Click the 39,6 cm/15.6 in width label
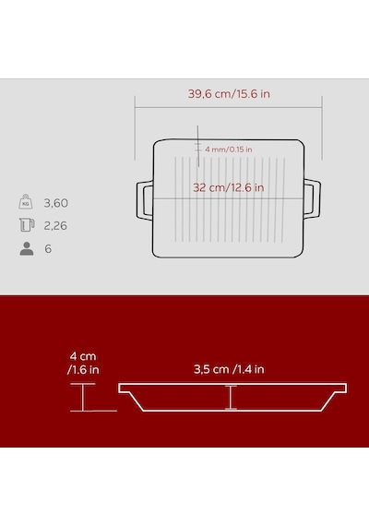(229, 94)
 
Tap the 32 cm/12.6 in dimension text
(229, 187)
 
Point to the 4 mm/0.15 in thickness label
(229, 149)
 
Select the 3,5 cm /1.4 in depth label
(229, 369)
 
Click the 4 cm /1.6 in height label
(83, 363)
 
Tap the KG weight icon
(26, 201)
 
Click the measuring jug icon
(27, 225)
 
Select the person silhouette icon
(27, 249)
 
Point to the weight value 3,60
(55, 203)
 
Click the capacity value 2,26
(55, 225)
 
